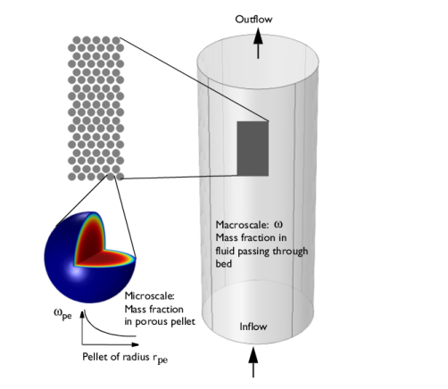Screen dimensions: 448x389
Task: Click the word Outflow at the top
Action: pos(253,20)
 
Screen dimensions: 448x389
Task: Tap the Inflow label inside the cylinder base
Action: pos(253,327)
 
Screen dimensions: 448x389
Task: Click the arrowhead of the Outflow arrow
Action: pos(258,36)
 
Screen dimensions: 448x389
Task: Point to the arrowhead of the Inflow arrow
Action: pos(253,355)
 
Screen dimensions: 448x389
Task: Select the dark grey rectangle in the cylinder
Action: pos(253,148)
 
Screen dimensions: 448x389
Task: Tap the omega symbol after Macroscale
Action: pos(278,224)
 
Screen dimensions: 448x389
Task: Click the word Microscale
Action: pos(150,296)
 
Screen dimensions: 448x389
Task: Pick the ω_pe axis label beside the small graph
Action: pos(62,314)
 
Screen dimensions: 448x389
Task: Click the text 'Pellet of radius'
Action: pos(116,357)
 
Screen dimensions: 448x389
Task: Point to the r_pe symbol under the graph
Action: pos(161,359)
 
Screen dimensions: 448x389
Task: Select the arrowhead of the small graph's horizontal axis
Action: pos(135,344)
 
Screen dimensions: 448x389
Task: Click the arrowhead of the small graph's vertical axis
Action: pos(82,314)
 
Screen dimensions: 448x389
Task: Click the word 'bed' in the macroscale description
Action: pos(223,264)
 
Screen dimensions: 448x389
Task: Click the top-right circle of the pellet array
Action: pos(115,40)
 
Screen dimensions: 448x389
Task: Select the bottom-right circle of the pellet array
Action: pos(120,177)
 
